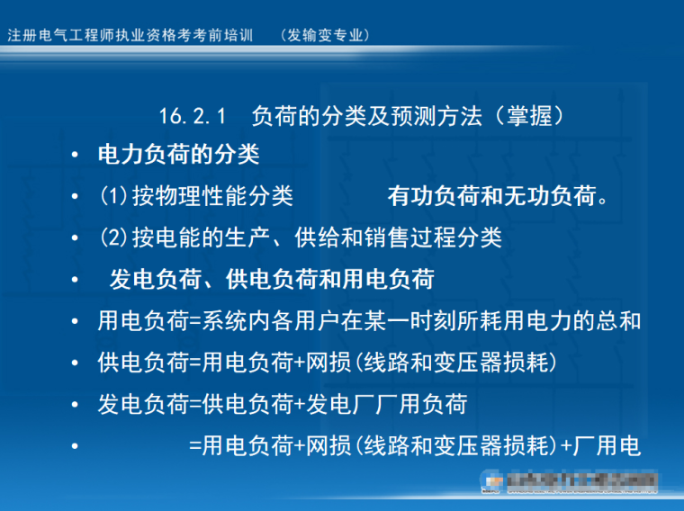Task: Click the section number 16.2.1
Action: pyautogui.click(x=190, y=116)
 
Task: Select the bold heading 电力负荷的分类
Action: pyautogui.click(x=178, y=155)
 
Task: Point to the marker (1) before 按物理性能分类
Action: pyautogui.click(x=113, y=196)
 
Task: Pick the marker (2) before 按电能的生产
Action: pyautogui.click(x=113, y=238)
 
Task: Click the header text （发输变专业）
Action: pyautogui.click(x=325, y=35)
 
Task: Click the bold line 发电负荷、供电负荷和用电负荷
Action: pyautogui.click(x=272, y=280)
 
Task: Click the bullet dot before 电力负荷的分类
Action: pyautogui.click(x=76, y=156)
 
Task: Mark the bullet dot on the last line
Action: pyautogui.click(x=76, y=446)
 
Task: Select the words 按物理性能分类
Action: pyautogui.click(x=213, y=196)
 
